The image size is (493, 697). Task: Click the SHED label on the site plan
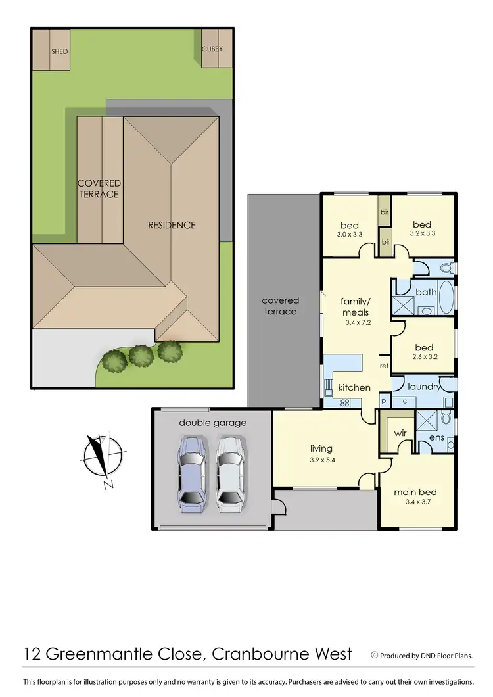pyautogui.click(x=60, y=51)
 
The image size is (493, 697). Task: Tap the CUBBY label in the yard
pyautogui.click(x=212, y=49)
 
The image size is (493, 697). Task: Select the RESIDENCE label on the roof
pyautogui.click(x=172, y=225)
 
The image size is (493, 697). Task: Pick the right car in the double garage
pyautogui.click(x=231, y=472)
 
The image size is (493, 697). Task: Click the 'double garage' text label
pyautogui.click(x=212, y=423)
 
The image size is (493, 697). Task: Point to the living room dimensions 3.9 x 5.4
pyautogui.click(x=323, y=460)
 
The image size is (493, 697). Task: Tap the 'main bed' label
pyautogui.click(x=415, y=492)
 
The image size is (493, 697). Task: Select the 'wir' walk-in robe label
pyautogui.click(x=400, y=434)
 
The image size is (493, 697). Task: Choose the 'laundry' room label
pyautogui.click(x=423, y=387)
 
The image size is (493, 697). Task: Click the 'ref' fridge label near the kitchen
pyautogui.click(x=385, y=366)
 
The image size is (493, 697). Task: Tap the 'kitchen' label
pyautogui.click(x=354, y=387)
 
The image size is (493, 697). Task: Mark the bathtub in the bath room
pyautogui.click(x=446, y=297)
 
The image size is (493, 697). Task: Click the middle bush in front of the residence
pyautogui.click(x=141, y=356)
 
